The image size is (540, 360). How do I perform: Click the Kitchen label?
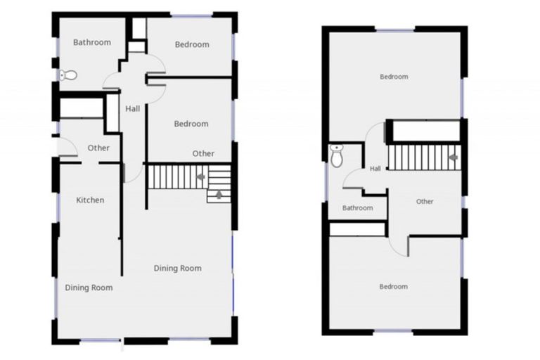click(x=90, y=200)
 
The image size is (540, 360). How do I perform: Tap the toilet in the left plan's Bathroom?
click(x=69, y=75)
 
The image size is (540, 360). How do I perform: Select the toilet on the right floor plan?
click(x=337, y=156)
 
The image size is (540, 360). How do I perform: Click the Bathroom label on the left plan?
click(x=92, y=42)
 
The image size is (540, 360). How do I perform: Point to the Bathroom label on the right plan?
click(x=357, y=208)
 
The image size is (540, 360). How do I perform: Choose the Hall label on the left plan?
click(x=133, y=109)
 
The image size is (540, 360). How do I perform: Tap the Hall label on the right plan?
click(x=375, y=169)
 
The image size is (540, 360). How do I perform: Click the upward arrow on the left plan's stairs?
click(x=219, y=195)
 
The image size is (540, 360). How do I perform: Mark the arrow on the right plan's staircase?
click(x=454, y=157)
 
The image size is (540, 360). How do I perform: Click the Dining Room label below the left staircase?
click(x=178, y=268)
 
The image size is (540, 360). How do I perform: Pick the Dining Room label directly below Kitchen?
click(x=89, y=288)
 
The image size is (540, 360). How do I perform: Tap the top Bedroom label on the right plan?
click(x=394, y=77)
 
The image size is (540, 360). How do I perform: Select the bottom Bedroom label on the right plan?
click(x=393, y=286)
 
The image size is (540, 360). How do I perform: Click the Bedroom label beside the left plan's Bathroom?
click(x=192, y=45)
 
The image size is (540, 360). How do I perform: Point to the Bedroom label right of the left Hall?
click(x=191, y=124)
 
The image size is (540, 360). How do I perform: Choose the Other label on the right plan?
click(x=425, y=202)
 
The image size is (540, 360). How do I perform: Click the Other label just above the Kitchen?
click(x=98, y=148)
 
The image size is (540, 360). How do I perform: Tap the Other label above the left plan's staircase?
click(x=203, y=153)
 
